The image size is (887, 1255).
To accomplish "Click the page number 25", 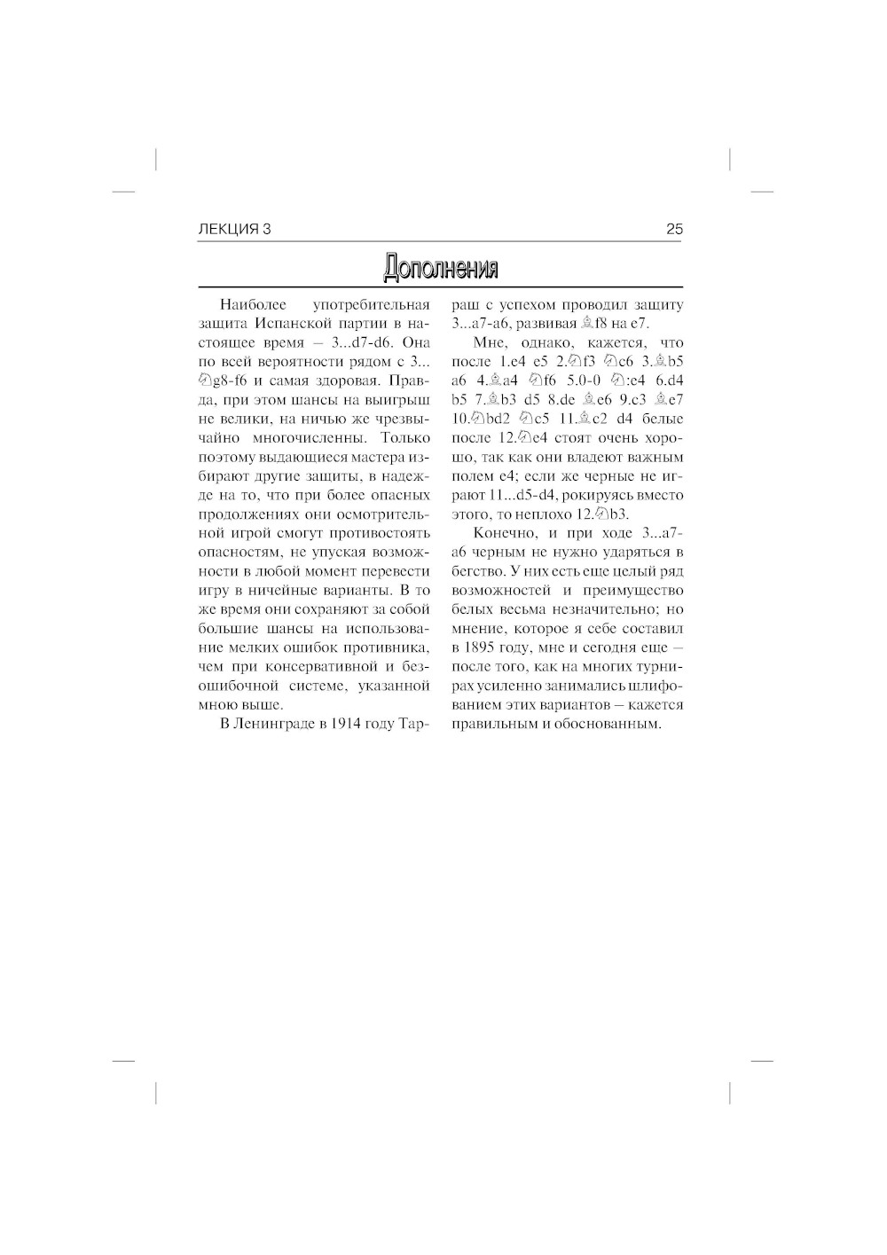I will coord(674,230).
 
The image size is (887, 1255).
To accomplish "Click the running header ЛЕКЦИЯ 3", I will coord(235,230).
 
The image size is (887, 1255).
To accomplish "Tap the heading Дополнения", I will coord(441,267).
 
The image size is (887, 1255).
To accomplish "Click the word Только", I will coord(405,438).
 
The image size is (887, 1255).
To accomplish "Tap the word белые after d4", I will coord(662,420).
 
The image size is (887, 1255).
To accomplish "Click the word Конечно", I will coord(503,534).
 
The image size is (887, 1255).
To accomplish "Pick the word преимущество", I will coord(633,591).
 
